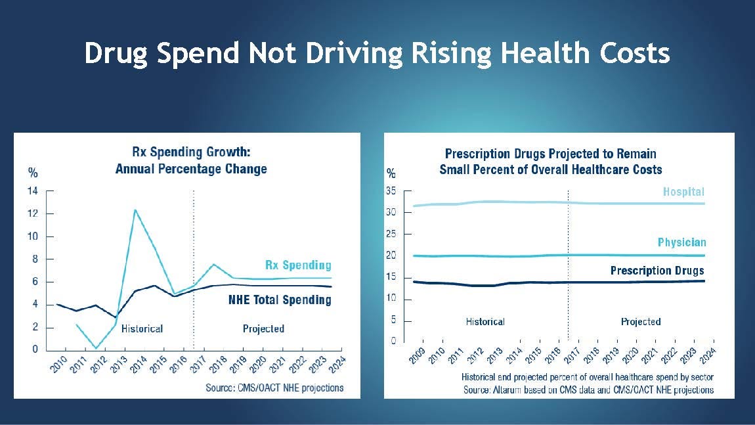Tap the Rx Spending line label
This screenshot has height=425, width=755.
point(298,265)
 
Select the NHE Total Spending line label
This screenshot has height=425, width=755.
point(280,300)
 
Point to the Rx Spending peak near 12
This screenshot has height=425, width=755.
point(135,210)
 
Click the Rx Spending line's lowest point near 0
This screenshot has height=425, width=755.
point(97,348)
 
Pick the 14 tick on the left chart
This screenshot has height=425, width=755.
point(32,190)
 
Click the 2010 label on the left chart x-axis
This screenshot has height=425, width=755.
point(58,365)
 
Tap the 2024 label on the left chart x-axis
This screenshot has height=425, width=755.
point(337,365)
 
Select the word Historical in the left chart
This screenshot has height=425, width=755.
point(142,328)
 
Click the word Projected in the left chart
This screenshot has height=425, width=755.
point(263,328)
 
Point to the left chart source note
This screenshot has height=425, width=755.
point(274,388)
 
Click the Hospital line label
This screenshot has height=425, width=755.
point(683,192)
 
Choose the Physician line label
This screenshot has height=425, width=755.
point(682,242)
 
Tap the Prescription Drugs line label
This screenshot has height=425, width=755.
point(657,271)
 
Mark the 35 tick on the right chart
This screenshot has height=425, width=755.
point(391,190)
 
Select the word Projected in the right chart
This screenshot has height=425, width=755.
point(640,322)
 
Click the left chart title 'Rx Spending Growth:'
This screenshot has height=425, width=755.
point(191,152)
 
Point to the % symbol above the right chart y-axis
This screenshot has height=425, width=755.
point(391,173)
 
